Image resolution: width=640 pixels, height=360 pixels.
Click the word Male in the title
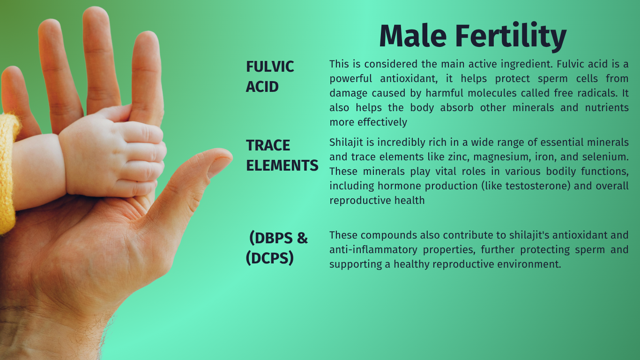point(413,36)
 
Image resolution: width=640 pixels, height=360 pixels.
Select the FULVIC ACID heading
point(270,76)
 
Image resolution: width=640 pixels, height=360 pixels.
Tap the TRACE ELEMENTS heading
point(282,155)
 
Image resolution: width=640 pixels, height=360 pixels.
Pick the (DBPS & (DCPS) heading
point(276,248)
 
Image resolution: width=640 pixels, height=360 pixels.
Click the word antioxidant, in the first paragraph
point(409,79)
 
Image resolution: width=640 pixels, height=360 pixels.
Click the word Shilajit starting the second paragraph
point(346,142)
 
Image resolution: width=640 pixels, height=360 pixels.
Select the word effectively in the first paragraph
point(382,122)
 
